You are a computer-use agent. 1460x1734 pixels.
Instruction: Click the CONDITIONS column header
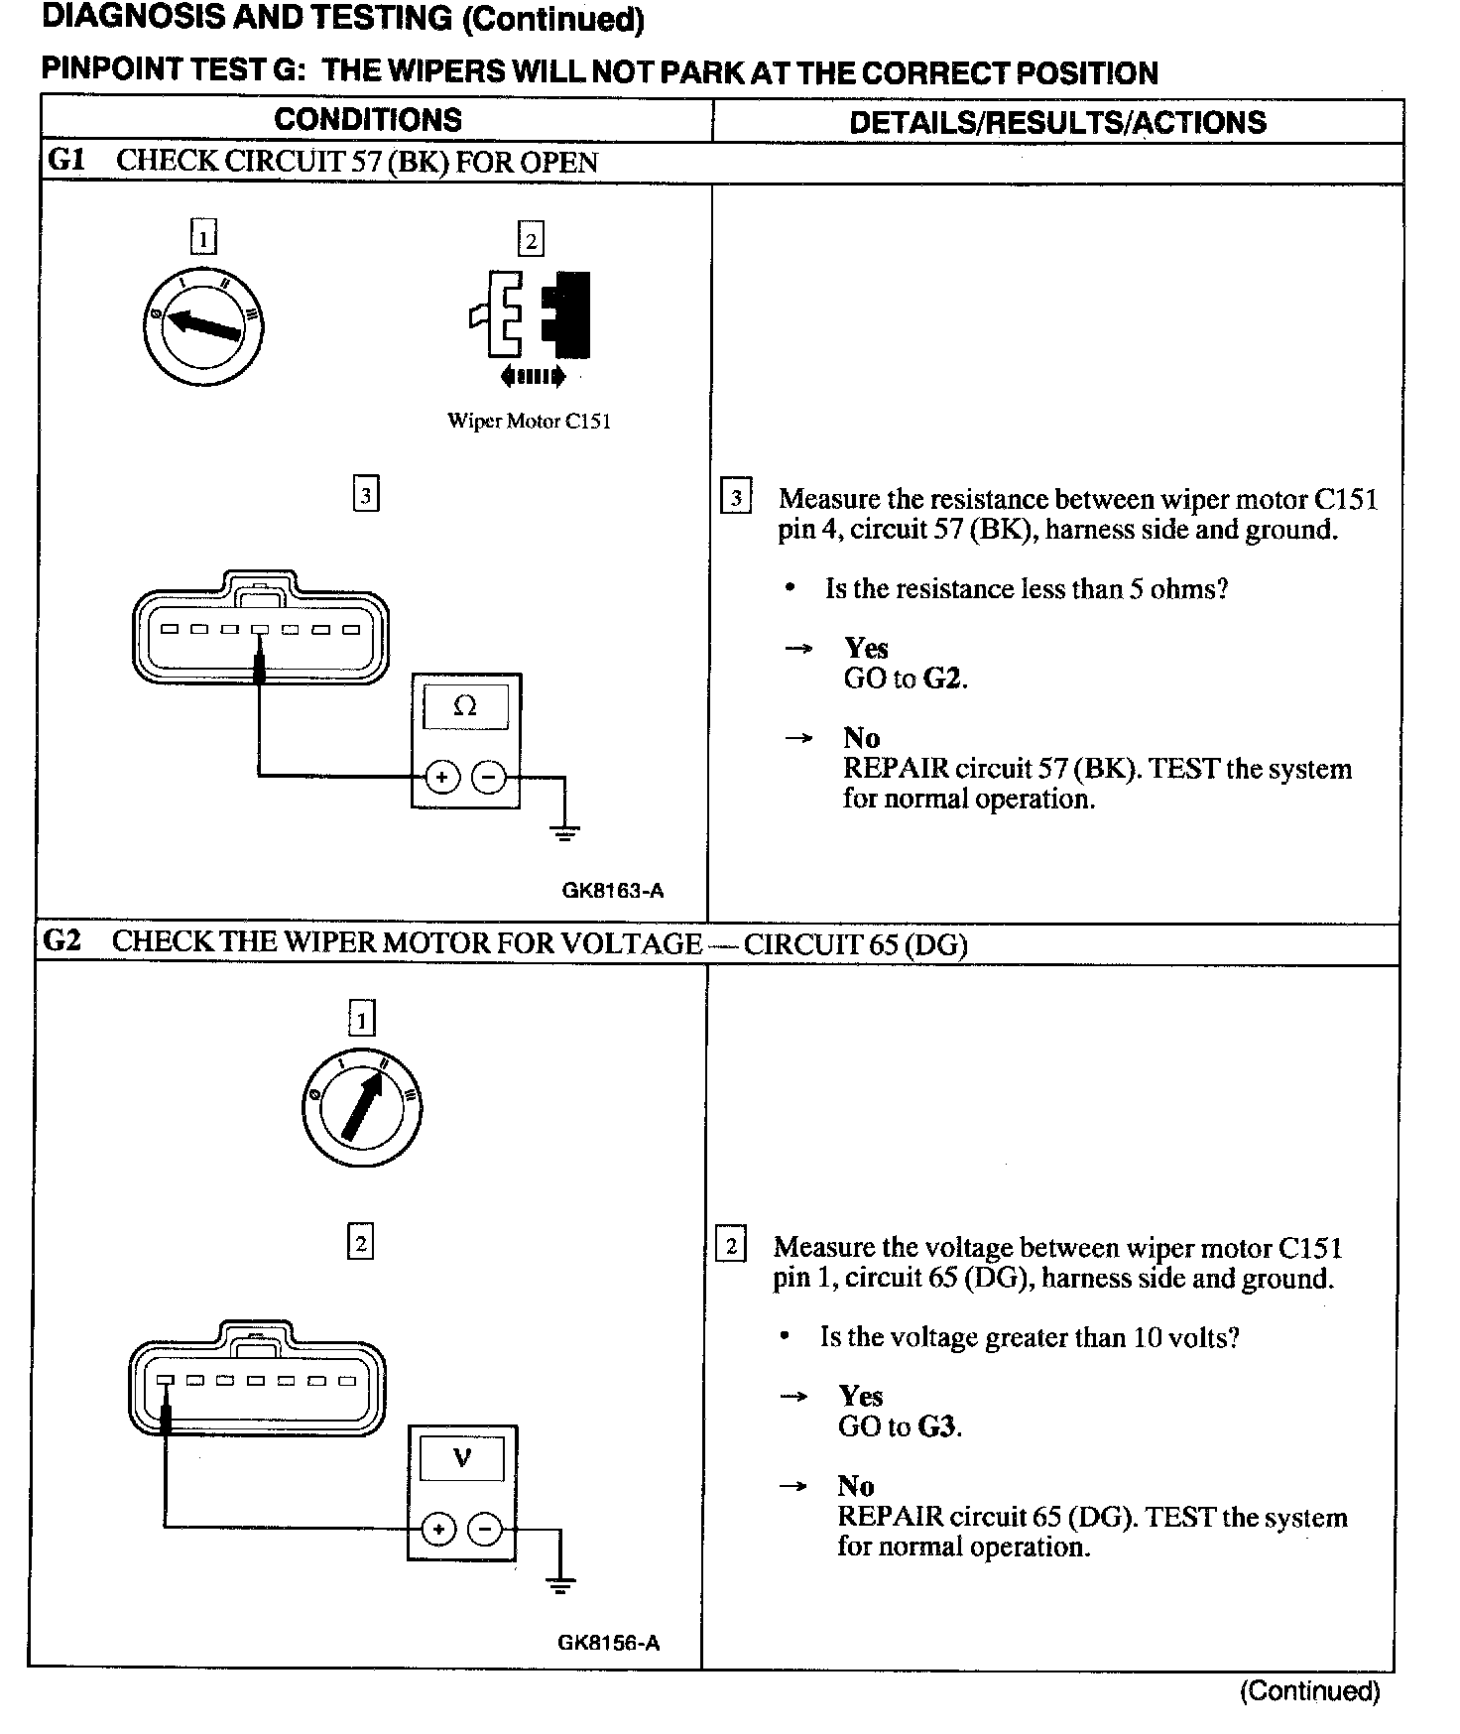(x=368, y=120)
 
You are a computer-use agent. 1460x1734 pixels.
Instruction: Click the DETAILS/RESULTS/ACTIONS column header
(x=1057, y=122)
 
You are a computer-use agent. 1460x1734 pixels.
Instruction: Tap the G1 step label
(x=65, y=161)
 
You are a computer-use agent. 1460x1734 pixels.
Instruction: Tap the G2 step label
(x=61, y=940)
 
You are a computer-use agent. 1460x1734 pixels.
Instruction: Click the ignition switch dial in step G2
(x=361, y=1104)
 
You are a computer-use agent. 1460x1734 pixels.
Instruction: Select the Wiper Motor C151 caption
(x=529, y=421)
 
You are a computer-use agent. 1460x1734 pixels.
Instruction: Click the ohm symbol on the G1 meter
(x=464, y=705)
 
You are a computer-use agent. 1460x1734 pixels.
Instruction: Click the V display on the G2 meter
(x=461, y=1457)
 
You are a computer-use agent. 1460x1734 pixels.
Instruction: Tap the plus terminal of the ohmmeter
(x=441, y=776)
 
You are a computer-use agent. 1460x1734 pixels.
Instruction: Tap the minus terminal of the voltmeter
(x=485, y=1529)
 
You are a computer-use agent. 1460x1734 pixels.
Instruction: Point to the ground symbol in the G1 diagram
(x=564, y=831)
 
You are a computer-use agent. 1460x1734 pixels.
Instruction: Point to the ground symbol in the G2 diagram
(x=560, y=1584)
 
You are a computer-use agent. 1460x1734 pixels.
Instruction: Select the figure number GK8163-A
(x=612, y=890)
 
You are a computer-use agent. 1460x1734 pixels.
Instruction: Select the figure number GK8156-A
(x=608, y=1642)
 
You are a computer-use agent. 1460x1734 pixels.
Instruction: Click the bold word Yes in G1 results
(x=866, y=648)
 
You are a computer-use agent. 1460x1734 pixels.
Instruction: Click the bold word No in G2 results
(x=855, y=1485)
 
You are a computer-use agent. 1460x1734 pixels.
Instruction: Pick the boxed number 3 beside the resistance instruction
(x=736, y=497)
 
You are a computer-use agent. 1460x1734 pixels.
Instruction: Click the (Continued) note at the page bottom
(x=1309, y=1691)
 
